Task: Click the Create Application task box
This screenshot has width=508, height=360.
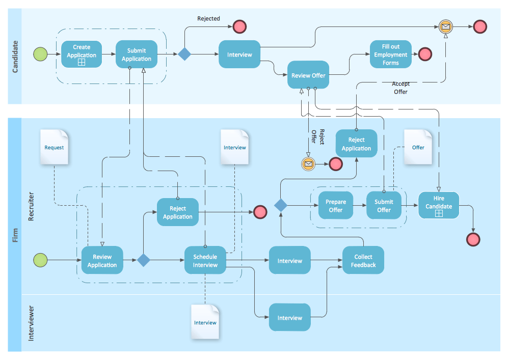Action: pos(82,54)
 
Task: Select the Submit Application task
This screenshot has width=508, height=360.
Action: pos(136,54)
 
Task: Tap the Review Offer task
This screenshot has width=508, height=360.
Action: pos(308,75)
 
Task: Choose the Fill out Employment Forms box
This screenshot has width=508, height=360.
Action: pos(391,54)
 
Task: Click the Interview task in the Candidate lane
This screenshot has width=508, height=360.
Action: pos(239,54)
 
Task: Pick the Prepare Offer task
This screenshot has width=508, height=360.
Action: pos(336,206)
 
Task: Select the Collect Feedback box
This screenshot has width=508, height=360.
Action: pos(363,261)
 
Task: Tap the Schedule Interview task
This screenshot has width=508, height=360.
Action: pos(205,261)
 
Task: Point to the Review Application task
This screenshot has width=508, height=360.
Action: pos(102,261)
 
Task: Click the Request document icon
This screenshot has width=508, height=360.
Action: pos(55,147)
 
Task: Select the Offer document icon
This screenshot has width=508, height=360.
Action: pos(418,147)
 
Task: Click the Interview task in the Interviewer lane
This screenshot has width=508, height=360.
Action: pos(289,318)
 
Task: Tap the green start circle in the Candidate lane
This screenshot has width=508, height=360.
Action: pos(40,54)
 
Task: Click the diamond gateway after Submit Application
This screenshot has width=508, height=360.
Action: pos(184,54)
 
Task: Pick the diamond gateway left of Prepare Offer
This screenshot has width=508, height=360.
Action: pos(281,205)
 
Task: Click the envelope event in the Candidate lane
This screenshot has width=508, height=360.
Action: pos(445,26)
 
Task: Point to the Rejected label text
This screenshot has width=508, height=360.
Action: pos(208,19)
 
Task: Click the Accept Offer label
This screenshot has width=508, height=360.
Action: pos(400,88)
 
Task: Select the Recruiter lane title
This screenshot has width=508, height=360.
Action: pos(31,206)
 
